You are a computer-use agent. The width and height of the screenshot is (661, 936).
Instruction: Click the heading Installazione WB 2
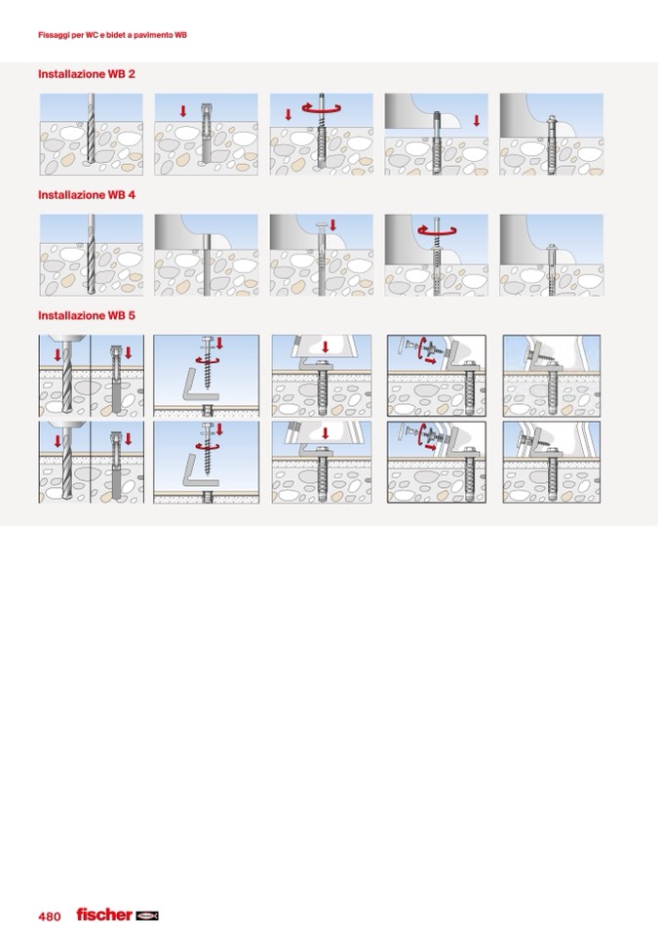click(87, 74)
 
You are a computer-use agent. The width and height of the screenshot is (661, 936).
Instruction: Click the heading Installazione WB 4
click(87, 194)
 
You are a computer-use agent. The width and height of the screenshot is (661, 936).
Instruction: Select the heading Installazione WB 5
click(87, 315)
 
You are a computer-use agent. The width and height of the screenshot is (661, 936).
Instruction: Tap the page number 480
click(50, 916)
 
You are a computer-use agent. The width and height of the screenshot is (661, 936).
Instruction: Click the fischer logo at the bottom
click(117, 915)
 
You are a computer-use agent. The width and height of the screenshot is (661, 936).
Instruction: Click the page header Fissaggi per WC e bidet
click(112, 35)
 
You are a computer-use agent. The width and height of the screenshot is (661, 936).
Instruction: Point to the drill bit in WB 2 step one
click(91, 128)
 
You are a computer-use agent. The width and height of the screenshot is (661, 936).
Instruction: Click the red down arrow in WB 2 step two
click(183, 111)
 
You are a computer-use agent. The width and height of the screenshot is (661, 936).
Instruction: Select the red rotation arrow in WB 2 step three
click(322, 108)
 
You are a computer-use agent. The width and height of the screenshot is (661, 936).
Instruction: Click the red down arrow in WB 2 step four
click(476, 121)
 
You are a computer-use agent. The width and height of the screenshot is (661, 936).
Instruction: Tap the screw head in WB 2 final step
click(552, 118)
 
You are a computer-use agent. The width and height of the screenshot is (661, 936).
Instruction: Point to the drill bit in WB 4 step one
click(91, 254)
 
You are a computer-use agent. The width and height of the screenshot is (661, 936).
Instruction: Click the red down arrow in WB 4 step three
click(332, 225)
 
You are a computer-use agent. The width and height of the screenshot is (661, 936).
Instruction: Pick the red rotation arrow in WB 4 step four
click(437, 229)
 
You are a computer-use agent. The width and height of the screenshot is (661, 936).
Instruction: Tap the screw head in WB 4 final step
click(552, 247)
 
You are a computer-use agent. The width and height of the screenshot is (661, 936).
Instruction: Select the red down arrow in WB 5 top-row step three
click(325, 346)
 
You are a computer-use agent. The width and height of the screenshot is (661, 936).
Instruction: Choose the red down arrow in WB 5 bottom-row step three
click(325, 432)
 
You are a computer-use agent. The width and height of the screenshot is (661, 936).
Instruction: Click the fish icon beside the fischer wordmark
click(146, 916)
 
